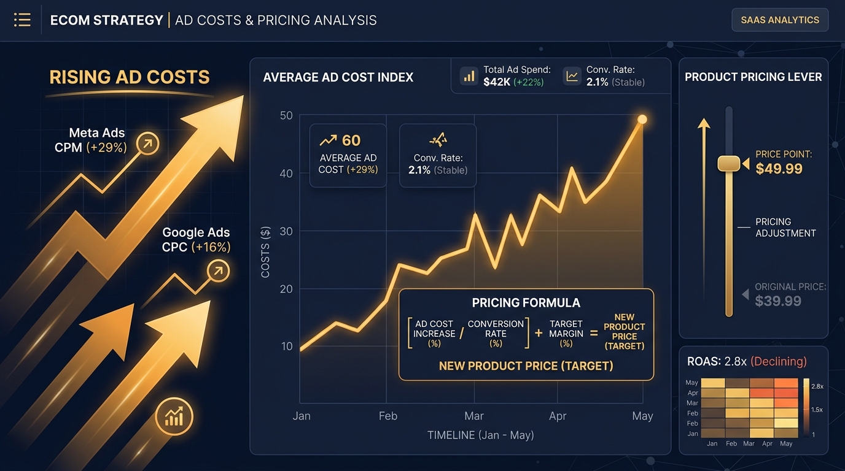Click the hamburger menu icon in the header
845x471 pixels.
point(22,20)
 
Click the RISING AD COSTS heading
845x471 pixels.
point(130,77)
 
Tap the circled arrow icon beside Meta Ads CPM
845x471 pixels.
point(147,144)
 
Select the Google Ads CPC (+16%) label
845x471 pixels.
point(196,240)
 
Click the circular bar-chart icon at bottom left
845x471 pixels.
point(174,417)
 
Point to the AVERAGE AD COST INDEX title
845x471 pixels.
point(338,78)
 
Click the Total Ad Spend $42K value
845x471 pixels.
point(497,82)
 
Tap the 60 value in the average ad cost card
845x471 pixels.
point(351,141)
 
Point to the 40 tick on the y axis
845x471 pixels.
point(286,174)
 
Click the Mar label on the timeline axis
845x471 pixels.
point(473,416)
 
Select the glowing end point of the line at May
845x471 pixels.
point(642,119)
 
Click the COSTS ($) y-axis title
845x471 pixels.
point(265,252)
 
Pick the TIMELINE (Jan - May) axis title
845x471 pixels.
point(480,435)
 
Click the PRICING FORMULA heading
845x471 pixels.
point(526,303)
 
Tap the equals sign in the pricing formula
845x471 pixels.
point(594,333)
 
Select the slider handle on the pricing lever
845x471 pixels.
point(729,164)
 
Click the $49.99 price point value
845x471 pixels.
point(779,169)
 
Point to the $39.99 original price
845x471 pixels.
point(778,301)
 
